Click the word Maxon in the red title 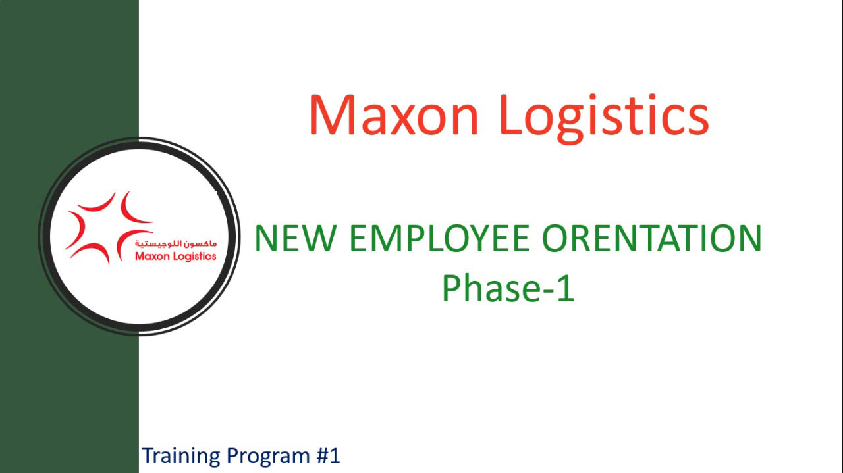pos(394,115)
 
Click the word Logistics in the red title pos(605,119)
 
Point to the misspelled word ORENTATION pos(652,238)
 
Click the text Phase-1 pos(508,288)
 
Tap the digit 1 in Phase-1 pos(566,288)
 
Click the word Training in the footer pos(181,457)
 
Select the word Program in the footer pos(269,457)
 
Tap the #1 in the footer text pos(328,455)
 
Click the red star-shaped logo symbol pos(109,228)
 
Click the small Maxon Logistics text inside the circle pos(176,257)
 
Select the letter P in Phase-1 pos(452,288)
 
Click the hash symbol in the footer pos(322,456)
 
